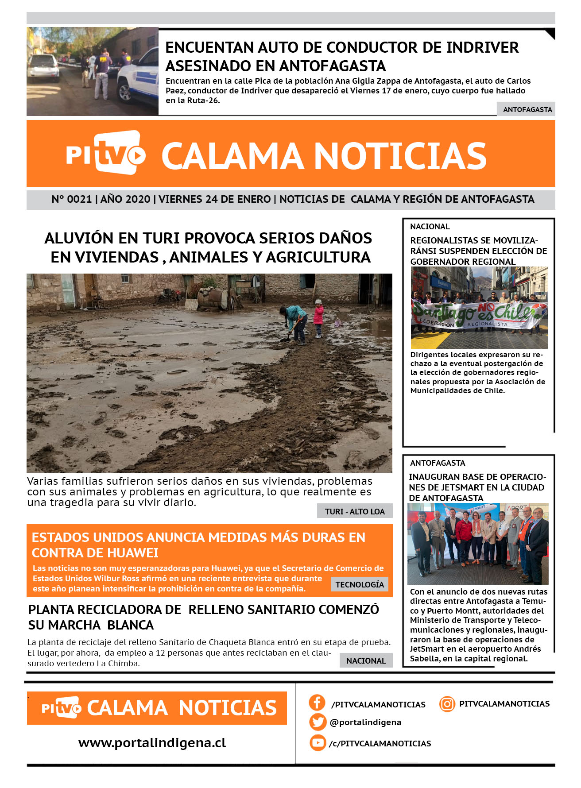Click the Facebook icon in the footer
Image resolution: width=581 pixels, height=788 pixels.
click(317, 703)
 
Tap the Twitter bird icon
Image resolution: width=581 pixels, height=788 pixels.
click(318, 722)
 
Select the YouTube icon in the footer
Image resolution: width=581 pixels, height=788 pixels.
click(318, 742)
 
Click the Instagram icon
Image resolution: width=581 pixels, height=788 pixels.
click(447, 704)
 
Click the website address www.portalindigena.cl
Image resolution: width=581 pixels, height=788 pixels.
click(152, 743)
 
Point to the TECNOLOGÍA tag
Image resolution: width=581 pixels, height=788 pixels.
click(360, 584)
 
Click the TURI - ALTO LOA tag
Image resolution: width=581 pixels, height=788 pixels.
click(355, 511)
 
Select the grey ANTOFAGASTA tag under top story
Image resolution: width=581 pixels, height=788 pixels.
click(527, 109)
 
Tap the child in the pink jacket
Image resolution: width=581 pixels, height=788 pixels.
click(318, 318)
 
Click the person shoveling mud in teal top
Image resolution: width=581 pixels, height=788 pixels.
click(295, 321)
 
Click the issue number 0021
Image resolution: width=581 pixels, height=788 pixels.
click(79, 199)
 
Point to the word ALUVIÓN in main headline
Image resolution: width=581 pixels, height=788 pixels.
click(79, 238)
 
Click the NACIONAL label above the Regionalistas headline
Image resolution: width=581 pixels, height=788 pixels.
click(430, 227)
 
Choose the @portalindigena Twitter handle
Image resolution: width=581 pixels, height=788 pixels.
click(365, 722)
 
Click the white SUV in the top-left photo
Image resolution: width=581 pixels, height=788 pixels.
click(43, 67)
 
